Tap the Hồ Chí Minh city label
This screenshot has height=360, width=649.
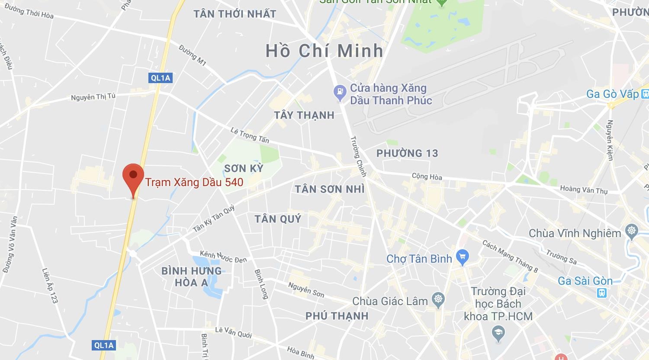(x=324, y=51)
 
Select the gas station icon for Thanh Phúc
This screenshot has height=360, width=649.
(x=340, y=91)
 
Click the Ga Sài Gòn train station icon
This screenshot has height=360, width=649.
(x=601, y=293)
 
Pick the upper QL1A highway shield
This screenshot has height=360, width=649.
(x=160, y=78)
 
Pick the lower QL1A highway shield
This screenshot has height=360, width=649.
(x=104, y=345)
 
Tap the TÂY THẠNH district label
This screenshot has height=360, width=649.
(x=304, y=115)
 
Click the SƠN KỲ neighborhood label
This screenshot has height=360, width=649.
(x=244, y=168)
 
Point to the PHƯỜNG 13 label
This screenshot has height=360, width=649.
(x=407, y=153)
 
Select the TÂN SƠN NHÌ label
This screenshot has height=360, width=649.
(x=330, y=189)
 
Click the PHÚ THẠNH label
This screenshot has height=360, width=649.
(x=337, y=316)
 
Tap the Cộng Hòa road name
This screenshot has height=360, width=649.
(x=427, y=176)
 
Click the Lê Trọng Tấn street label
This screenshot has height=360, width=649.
(x=250, y=135)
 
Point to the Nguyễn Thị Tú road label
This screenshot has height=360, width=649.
(x=93, y=97)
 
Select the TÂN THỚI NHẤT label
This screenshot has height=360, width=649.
(x=235, y=14)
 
